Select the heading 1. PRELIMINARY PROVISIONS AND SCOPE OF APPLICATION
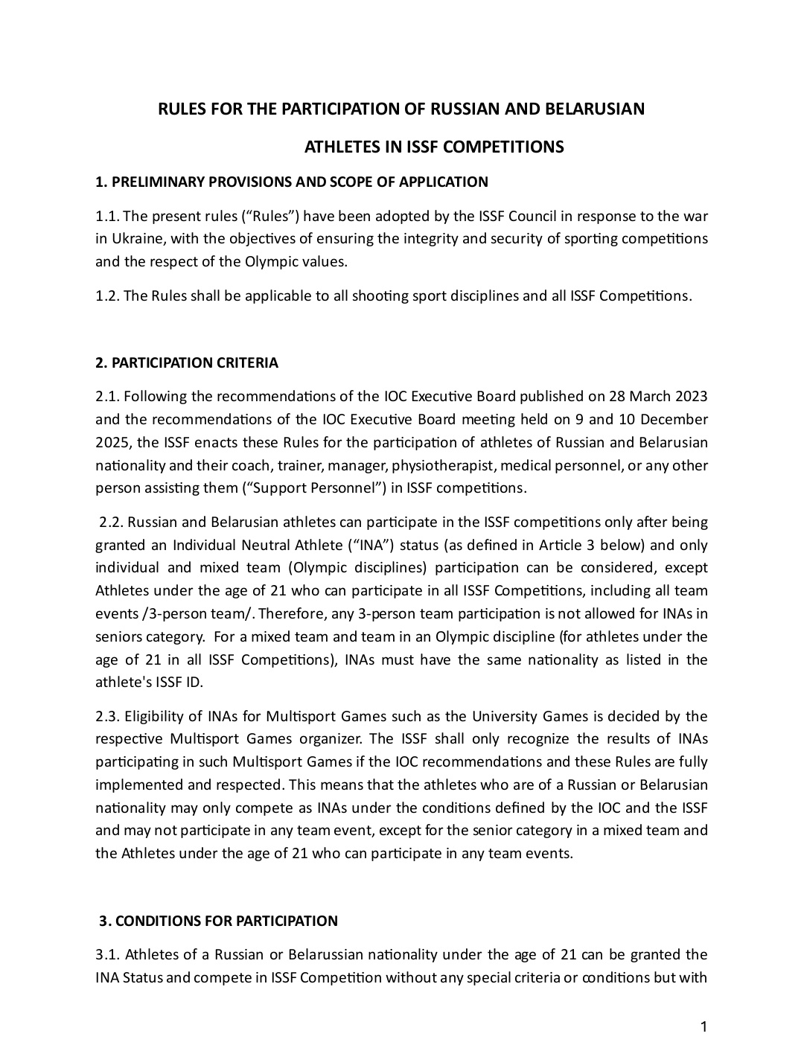pos(292,182)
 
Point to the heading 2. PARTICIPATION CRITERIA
pos(187,363)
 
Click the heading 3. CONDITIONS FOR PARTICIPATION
pos(219,921)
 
